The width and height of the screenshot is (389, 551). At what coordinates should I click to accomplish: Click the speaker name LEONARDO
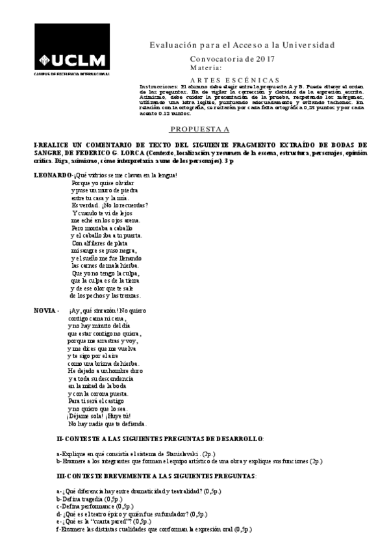(x=53, y=175)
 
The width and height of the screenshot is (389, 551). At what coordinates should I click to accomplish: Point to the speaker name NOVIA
(x=45, y=310)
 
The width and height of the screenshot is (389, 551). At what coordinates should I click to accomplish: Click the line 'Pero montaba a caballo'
(x=102, y=229)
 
